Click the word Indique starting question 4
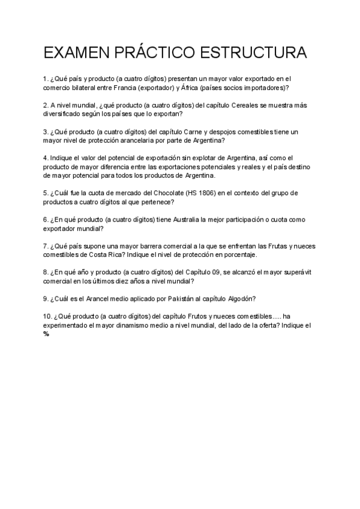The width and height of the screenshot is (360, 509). (x=61, y=158)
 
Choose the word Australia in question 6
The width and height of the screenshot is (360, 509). (x=191, y=220)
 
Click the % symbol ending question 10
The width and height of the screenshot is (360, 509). (x=46, y=334)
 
